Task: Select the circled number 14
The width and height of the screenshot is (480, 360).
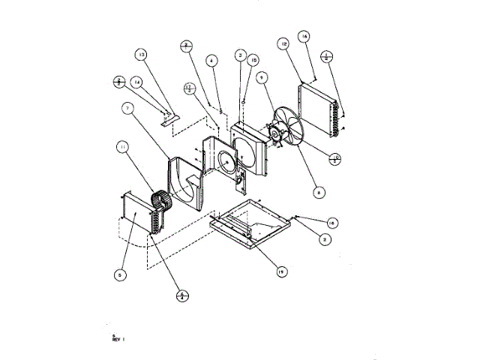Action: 137,81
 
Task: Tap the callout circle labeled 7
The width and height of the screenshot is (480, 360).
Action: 128,109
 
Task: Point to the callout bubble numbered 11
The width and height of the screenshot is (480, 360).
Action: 122,148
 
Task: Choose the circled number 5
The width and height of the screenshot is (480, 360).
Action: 118,275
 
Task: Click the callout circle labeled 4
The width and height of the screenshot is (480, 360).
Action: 212,60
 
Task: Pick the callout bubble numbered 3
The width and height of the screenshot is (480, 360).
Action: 240,55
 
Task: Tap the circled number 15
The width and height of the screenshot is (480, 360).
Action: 253,60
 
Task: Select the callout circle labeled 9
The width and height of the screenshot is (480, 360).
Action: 262,76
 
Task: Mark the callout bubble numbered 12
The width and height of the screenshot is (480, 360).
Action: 284,45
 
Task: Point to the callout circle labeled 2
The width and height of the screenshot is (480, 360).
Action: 323,239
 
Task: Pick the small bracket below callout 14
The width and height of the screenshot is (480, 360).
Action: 168,115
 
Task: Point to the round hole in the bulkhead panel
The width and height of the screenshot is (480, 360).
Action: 227,160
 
